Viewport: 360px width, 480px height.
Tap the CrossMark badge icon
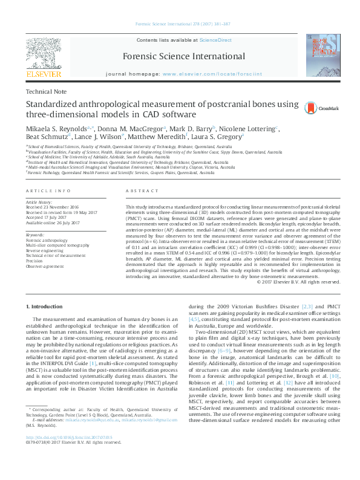pyautogui.click(x=310, y=108)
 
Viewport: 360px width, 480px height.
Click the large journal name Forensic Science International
pyautogui.click(x=179, y=55)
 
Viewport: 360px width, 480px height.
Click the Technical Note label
pyautogui.click(x=47, y=92)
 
